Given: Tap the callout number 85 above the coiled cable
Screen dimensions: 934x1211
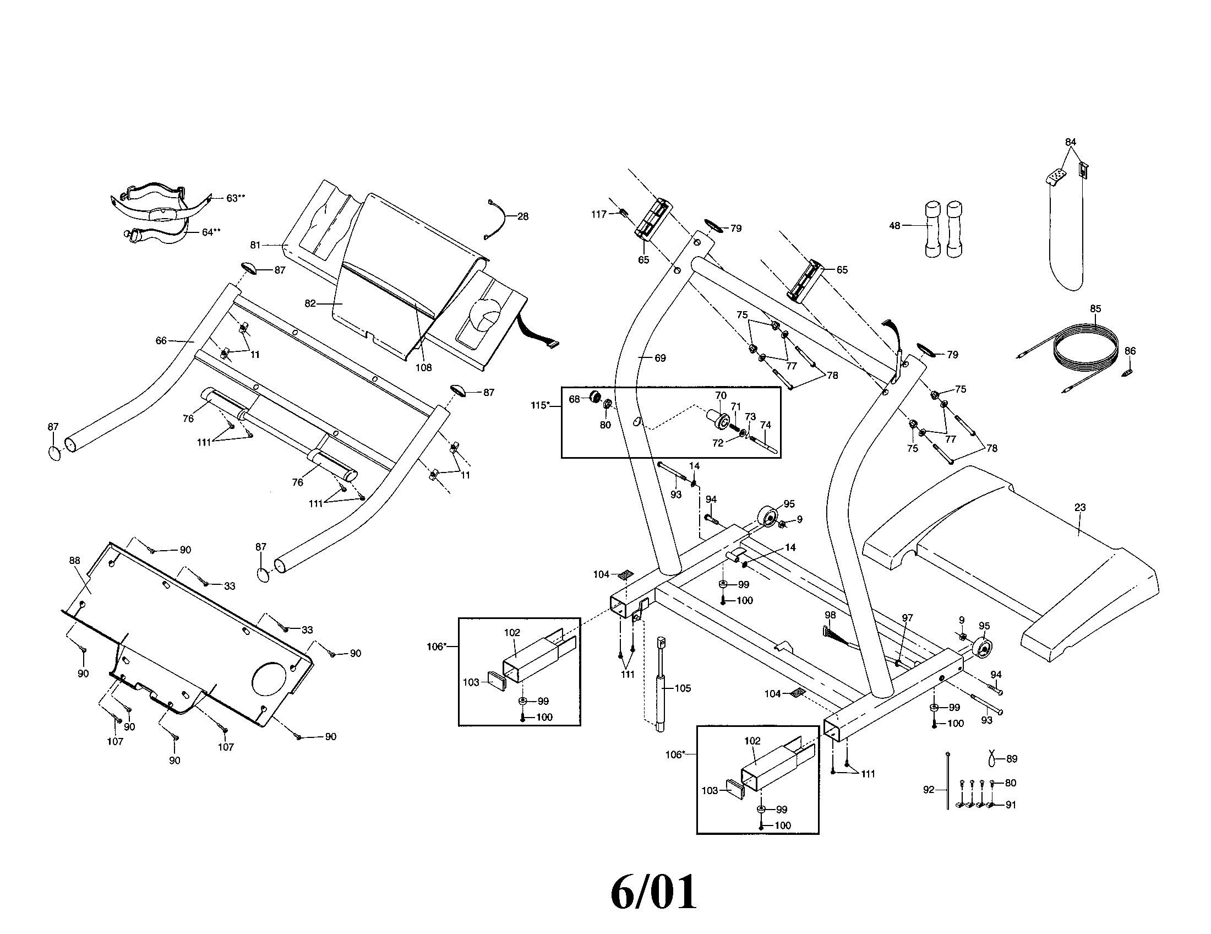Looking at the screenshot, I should pos(1095,309).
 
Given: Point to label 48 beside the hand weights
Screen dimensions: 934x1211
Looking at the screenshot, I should pos(894,226).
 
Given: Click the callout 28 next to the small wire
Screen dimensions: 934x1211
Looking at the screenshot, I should pos(523,216).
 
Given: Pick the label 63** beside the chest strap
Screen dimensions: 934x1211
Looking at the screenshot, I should pos(235,198).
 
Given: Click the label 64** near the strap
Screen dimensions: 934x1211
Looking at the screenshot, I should pos(211,232).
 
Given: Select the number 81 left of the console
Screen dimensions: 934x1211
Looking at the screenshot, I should pos(255,245).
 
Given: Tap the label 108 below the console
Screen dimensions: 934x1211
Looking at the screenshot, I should pos(423,367).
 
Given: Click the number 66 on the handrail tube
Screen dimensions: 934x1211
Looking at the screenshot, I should pos(161,340).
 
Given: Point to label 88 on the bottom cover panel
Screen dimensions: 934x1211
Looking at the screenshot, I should pos(75,561).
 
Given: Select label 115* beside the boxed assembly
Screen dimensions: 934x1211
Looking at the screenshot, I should pos(539,405).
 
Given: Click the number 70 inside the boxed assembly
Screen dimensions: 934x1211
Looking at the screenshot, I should pos(721,395).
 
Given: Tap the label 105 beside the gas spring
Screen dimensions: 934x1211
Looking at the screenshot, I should pos(683,688).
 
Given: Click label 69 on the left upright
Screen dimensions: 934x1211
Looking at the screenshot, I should pos(660,359).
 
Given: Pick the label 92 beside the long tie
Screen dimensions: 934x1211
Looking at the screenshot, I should pos(928,790).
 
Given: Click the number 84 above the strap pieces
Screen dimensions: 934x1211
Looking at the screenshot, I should pos(1070,142).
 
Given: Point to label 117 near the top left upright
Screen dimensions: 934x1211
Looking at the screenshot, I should pos(599,214).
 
